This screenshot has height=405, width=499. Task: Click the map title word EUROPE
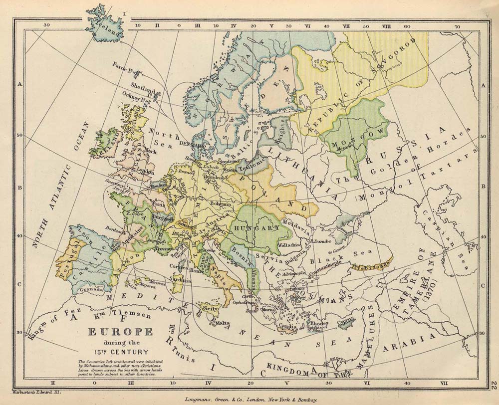click(120, 333)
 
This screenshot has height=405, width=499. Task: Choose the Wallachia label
click(289, 245)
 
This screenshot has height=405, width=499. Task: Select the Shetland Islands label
click(144, 89)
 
